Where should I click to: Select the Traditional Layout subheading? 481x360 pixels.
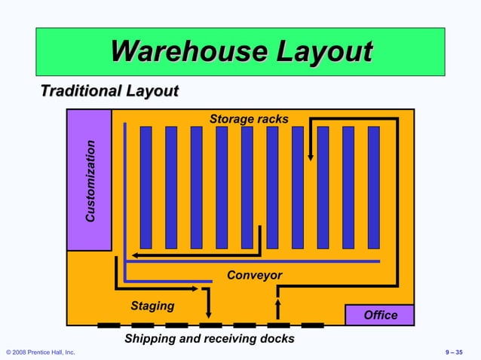coord(109,92)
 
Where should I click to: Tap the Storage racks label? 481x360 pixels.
coord(249,119)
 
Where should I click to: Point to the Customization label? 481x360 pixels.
coord(90,181)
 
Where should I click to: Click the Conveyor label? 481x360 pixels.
coord(255,276)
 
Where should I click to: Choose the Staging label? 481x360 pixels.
coord(152,306)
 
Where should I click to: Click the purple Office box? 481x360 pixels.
coord(380,315)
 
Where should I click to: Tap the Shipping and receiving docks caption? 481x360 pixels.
coord(210,339)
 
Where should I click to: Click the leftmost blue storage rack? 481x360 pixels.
coord(146,188)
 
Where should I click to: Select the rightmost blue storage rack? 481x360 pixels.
coord(373,188)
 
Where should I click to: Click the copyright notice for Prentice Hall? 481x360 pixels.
coord(41,352)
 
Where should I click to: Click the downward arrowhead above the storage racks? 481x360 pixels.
coord(311,156)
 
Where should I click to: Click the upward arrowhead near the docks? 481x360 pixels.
coord(278,303)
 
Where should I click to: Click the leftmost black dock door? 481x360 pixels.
coord(109,325)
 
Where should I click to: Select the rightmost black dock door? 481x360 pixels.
coord(312,325)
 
